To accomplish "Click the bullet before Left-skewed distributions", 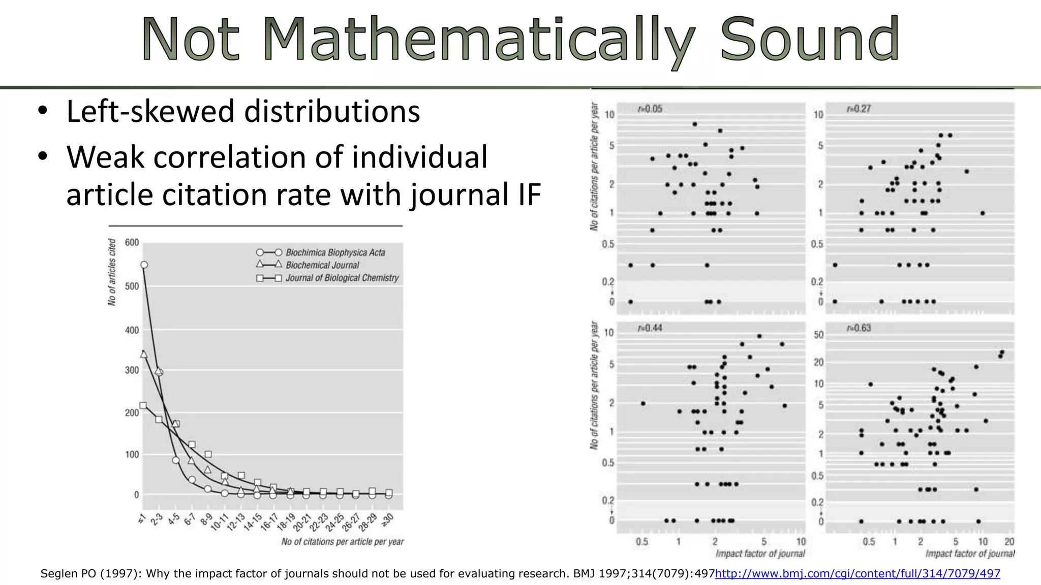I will pyautogui.click(x=43, y=111).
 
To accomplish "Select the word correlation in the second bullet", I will pyautogui.click(x=231, y=157).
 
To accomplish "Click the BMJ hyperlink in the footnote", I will pyautogui.click(x=858, y=573).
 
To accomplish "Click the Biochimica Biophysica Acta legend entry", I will pyautogui.click(x=335, y=252).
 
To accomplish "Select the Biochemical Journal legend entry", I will pyautogui.click(x=322, y=265).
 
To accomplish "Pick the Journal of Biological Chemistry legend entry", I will pyautogui.click(x=342, y=278).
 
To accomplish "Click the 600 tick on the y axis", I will pyautogui.click(x=132, y=243).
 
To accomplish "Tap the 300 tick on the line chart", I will pyautogui.click(x=132, y=370).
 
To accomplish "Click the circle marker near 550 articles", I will pyautogui.click(x=144, y=265).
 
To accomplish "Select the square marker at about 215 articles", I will pyautogui.click(x=143, y=405).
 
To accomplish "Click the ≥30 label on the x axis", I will pyautogui.click(x=387, y=520).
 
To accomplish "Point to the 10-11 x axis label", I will pyautogui.click(x=220, y=522).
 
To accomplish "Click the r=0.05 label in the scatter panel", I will pyautogui.click(x=650, y=109).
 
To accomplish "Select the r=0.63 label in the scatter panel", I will pyautogui.click(x=859, y=328).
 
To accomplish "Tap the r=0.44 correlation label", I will pyautogui.click(x=650, y=328).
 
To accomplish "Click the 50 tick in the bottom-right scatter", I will pyautogui.click(x=818, y=335).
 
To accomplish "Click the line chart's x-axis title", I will pyautogui.click(x=343, y=542).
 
